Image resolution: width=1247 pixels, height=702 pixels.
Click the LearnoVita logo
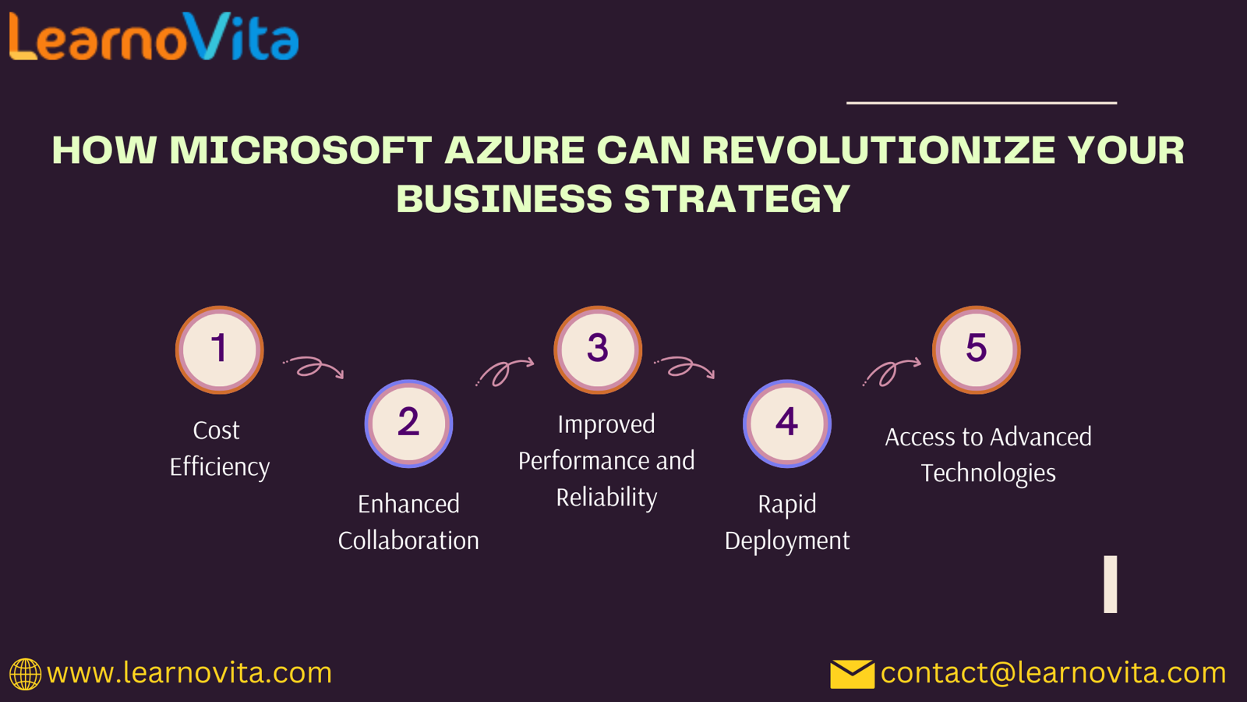154,37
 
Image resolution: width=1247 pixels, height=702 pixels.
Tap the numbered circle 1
219,350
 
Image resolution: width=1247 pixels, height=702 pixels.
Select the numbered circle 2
408,424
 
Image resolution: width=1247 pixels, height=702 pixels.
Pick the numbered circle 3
598,350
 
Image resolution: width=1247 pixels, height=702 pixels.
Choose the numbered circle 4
787,424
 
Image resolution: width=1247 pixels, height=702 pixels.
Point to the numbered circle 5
977,350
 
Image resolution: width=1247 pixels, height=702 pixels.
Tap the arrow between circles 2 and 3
503,371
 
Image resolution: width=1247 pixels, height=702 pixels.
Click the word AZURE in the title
514,150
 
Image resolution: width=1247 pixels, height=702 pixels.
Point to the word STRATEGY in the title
737,199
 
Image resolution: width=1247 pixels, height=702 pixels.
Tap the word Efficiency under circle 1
219,467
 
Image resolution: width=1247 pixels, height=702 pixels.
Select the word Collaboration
408,541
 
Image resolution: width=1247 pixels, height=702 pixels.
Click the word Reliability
607,497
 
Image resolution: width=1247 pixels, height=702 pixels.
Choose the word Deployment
787,541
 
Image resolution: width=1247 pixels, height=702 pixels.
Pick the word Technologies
988,473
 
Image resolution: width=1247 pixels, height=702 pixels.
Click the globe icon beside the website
25,674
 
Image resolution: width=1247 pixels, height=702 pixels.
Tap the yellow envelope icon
852,674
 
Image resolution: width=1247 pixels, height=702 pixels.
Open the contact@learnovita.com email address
1053,673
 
